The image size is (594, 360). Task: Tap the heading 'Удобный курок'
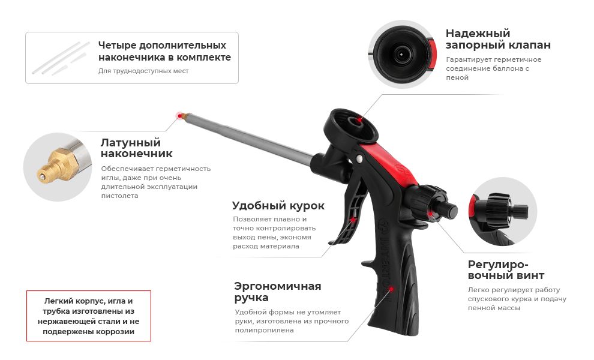pyautogui.click(x=278, y=206)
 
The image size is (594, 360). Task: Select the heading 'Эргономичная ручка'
pyautogui.click(x=277, y=292)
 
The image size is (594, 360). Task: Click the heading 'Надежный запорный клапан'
pyautogui.click(x=497, y=39)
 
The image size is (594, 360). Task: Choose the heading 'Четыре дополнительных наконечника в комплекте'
pyautogui.click(x=164, y=52)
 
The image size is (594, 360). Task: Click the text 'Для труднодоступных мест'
pyautogui.click(x=143, y=71)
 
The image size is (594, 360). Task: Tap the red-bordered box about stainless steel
pyautogui.click(x=89, y=316)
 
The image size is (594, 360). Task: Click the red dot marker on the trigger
pyautogui.click(x=354, y=220)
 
